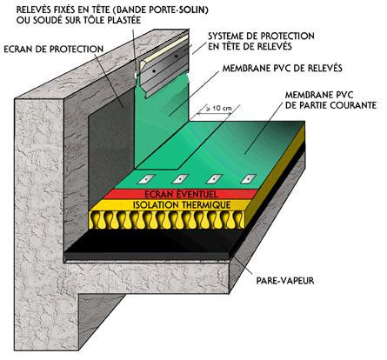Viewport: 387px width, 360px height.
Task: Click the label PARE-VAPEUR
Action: pos(285,281)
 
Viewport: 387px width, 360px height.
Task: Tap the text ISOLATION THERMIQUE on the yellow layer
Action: pos(182,205)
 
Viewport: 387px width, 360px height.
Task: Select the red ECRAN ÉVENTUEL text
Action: pos(181,194)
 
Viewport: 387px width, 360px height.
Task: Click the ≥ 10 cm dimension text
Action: pos(219,108)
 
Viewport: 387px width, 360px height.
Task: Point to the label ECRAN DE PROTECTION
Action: pos(54,49)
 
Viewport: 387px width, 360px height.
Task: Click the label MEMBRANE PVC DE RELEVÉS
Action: pos(283,68)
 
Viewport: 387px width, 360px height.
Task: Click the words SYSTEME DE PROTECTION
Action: pos(261,36)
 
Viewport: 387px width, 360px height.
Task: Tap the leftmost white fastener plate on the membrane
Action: pos(146,179)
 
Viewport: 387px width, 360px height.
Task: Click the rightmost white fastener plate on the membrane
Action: pos(249,179)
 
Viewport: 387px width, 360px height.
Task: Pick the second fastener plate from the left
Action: pos(180,179)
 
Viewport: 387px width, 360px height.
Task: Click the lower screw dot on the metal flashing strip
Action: pos(154,70)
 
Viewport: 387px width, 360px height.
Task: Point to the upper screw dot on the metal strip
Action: pos(176,56)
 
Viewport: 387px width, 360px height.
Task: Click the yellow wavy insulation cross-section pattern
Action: pos(167,219)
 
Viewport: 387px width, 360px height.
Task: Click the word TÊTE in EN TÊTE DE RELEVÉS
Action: pos(231,46)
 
